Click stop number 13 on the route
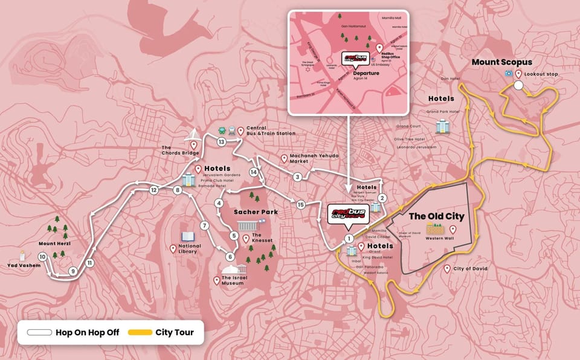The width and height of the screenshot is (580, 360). (x=222, y=142)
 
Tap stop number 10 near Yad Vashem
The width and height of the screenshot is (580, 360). (x=42, y=257)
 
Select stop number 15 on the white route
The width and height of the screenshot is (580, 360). (x=300, y=204)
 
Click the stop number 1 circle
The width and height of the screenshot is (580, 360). (x=349, y=239)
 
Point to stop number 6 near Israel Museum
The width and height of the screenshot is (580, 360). (x=230, y=256)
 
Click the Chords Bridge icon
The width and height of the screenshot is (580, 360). (x=193, y=133)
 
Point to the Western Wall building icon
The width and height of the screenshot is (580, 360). (x=435, y=229)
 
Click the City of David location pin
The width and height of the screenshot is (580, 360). (x=447, y=269)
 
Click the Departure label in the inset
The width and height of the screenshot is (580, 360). (x=366, y=73)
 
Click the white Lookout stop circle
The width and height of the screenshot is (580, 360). (x=518, y=85)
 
